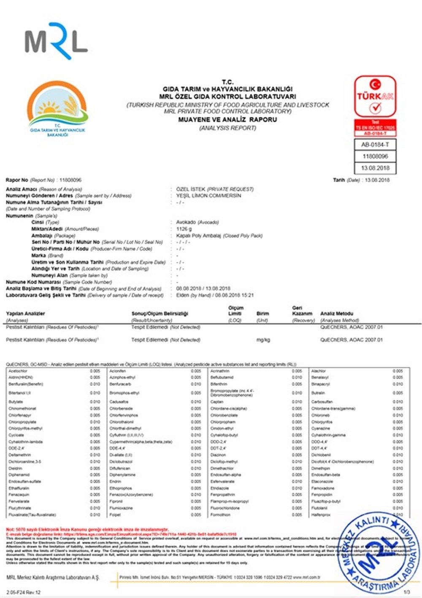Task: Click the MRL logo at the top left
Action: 56,41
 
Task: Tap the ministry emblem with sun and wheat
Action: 57,109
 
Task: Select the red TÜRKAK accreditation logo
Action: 375,97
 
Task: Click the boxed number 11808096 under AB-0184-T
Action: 375,156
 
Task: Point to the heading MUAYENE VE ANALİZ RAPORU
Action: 227,120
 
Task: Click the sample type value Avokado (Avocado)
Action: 197,222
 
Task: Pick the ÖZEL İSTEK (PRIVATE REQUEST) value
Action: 215,189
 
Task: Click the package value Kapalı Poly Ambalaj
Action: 219,236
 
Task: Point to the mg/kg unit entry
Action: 263,340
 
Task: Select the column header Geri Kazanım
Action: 302,311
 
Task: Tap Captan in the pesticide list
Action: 216,402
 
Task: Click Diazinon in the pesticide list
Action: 218,455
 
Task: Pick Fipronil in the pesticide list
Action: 116,501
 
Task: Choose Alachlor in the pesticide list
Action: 319,371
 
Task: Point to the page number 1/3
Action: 406,593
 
